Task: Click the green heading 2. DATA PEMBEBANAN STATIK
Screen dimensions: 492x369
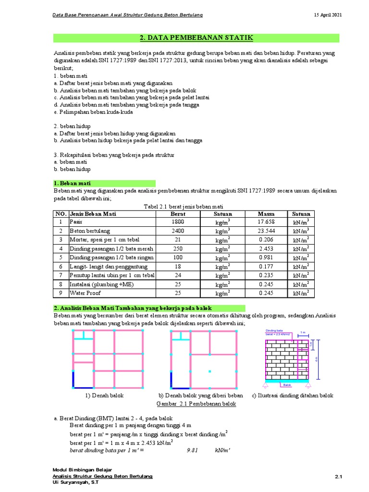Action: click(x=196, y=38)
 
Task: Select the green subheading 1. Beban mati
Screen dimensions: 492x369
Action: click(x=72, y=183)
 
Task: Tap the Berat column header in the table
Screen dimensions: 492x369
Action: click(x=178, y=214)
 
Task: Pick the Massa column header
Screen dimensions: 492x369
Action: click(x=266, y=214)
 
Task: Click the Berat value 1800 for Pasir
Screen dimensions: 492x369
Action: click(x=178, y=222)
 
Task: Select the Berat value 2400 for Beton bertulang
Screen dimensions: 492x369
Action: click(x=178, y=231)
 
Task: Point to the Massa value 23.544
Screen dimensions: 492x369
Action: click(x=266, y=231)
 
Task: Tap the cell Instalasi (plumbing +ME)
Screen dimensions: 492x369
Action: click(x=95, y=283)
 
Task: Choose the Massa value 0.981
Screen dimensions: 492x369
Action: click(x=266, y=257)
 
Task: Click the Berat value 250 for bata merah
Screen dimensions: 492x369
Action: click(x=178, y=248)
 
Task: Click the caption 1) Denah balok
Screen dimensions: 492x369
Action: click(x=105, y=395)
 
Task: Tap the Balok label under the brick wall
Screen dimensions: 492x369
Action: click(x=287, y=385)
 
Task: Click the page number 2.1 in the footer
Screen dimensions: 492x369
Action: click(x=337, y=476)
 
